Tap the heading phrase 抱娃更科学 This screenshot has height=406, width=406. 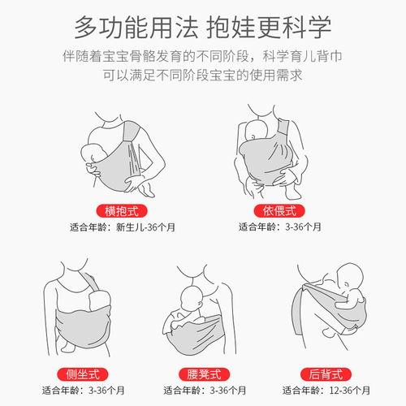[x=272, y=28]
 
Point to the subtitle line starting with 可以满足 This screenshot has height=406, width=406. [x=203, y=79]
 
